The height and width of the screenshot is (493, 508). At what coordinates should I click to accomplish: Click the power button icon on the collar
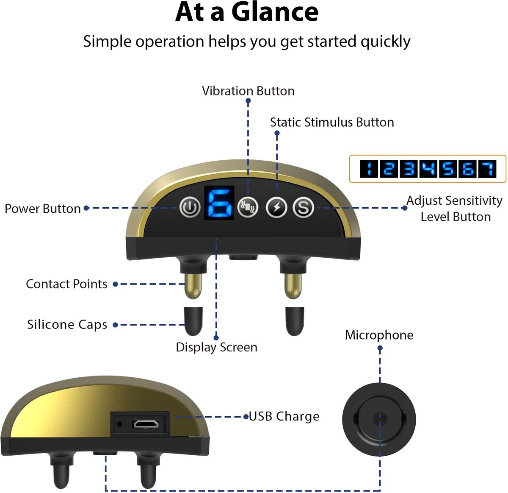189,208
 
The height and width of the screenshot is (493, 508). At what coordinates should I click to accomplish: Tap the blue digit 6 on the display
220,202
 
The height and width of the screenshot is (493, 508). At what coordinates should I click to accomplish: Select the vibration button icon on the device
248,208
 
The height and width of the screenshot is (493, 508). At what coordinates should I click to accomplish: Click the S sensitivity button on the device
303,208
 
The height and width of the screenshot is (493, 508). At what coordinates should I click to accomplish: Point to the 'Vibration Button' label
248,91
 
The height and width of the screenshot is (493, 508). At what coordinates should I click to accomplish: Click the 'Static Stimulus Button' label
332,122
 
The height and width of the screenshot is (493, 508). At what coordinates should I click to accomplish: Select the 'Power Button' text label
42,209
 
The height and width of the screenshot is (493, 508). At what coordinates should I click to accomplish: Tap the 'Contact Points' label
66,284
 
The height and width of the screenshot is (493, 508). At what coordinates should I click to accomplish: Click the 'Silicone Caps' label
67,324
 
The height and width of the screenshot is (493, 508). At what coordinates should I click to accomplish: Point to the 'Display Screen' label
216,347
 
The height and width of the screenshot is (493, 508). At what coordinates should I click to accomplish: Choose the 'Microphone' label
379,335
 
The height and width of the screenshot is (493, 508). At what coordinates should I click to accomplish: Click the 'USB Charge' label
284,416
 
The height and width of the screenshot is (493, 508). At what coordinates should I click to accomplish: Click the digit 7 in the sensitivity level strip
487,169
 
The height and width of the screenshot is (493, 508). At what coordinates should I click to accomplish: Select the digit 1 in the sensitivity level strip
369,169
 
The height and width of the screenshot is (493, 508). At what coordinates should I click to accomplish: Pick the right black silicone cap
294,320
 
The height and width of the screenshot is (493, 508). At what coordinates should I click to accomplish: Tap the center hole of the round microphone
378,419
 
